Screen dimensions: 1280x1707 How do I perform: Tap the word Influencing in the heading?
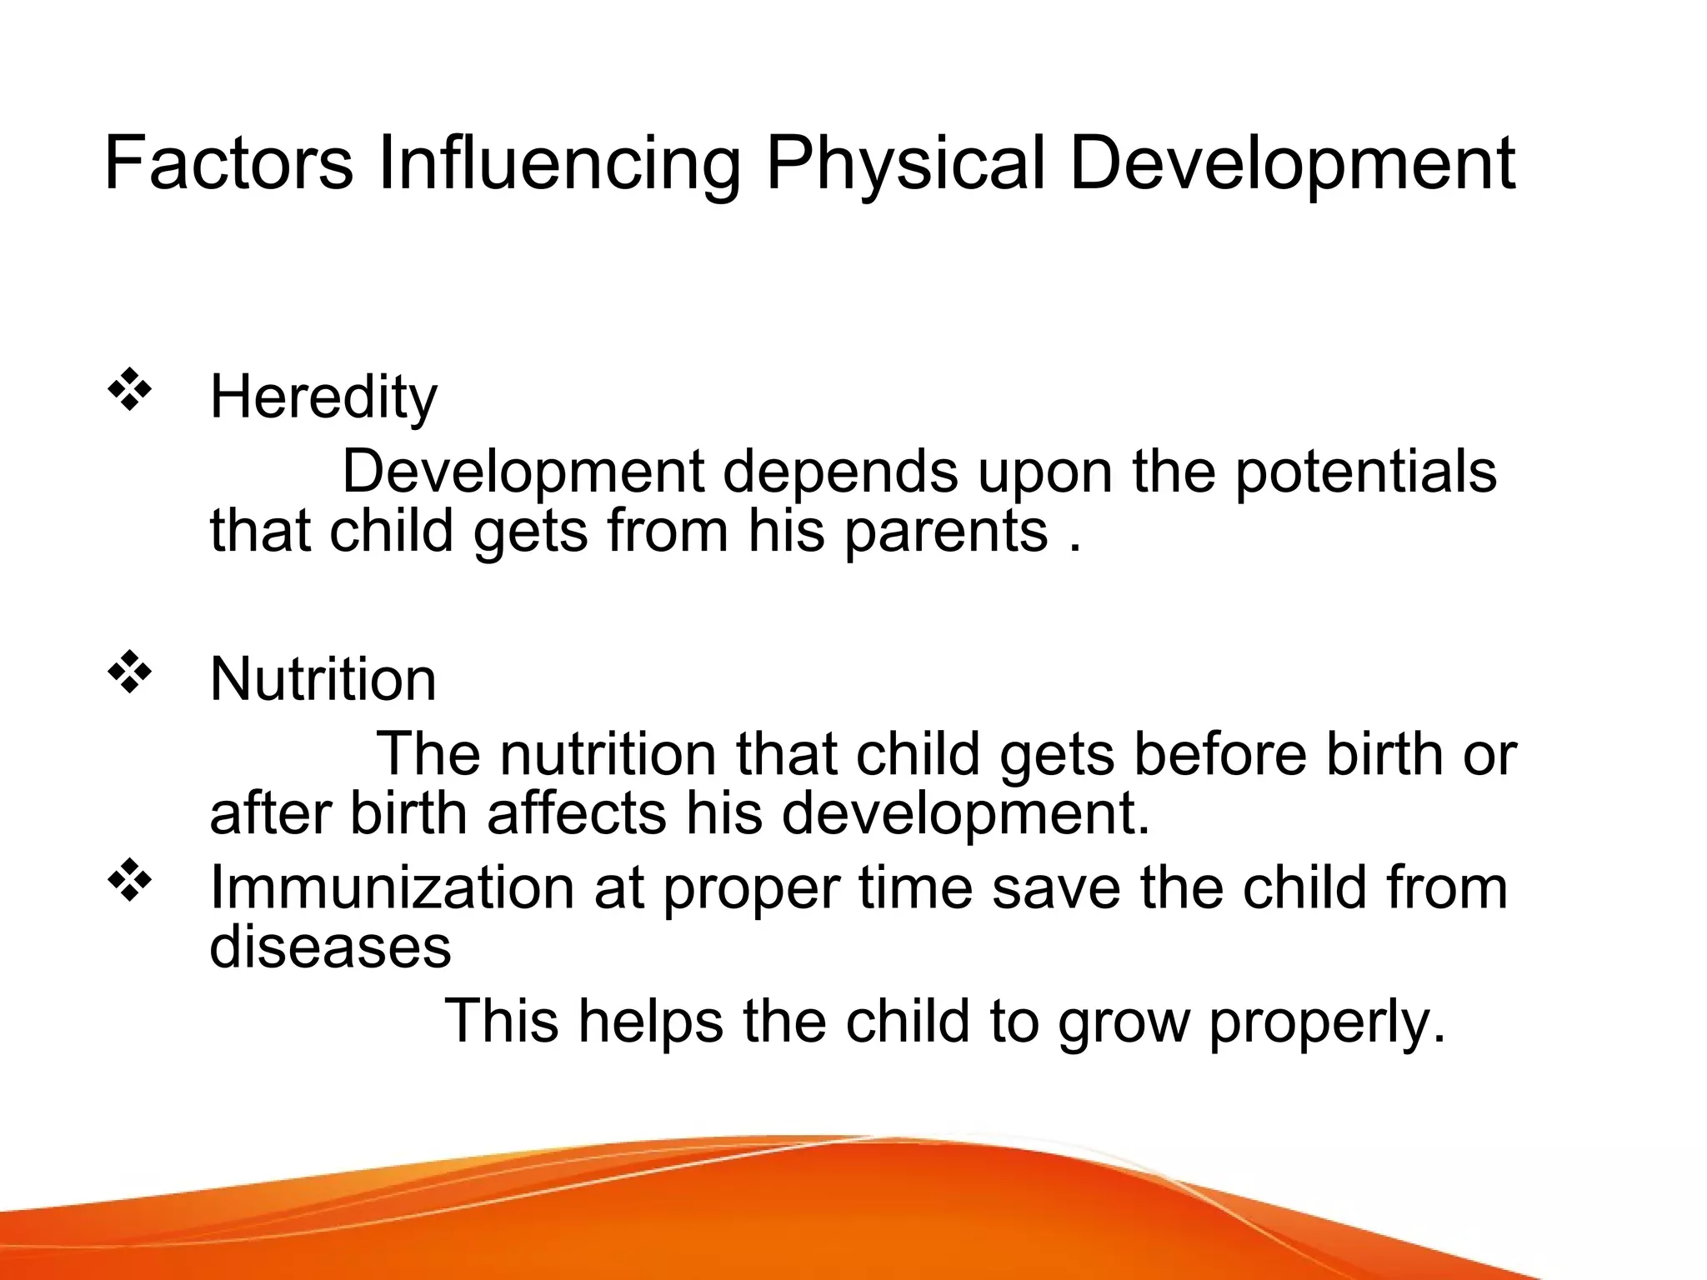click(x=558, y=164)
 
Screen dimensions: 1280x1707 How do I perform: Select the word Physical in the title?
click(x=905, y=164)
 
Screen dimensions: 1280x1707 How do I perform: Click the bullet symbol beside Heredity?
click(x=129, y=392)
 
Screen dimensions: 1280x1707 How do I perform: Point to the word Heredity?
click(x=323, y=397)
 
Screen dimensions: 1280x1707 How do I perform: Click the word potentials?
click(x=1365, y=472)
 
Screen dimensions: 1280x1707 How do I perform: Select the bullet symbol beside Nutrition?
click(x=129, y=674)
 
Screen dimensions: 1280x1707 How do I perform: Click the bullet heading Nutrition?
click(x=323, y=679)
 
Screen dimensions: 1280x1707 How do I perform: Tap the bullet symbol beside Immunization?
click(x=129, y=882)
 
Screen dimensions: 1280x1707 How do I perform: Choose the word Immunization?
click(x=392, y=887)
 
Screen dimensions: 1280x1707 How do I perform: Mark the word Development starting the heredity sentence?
click(x=523, y=472)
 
